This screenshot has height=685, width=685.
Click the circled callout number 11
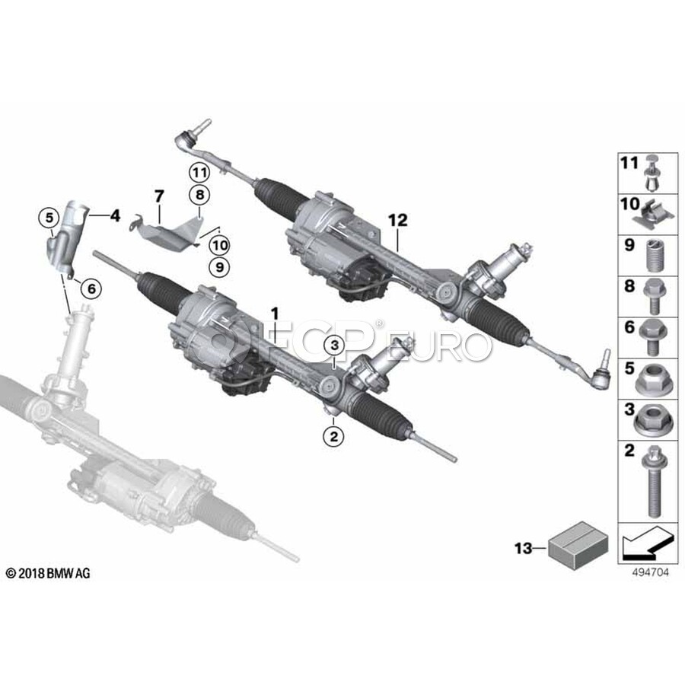[199, 173]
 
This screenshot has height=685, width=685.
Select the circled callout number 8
[199, 194]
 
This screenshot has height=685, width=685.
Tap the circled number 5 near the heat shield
[49, 217]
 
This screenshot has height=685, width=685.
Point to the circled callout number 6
[91, 288]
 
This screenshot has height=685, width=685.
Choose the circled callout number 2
[334, 436]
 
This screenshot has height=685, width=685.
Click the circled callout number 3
[335, 346]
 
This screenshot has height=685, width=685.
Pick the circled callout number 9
[219, 266]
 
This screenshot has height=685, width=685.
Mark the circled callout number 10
[219, 245]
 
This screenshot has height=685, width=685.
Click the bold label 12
[397, 220]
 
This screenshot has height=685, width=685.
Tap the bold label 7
[158, 196]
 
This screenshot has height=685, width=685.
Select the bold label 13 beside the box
[524, 548]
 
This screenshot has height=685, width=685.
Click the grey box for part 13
[578, 546]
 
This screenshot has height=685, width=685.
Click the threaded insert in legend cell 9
[653, 256]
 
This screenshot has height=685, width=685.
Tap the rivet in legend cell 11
[652, 173]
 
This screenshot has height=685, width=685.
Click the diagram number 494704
[650, 572]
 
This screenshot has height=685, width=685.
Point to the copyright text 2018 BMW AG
[48, 573]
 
